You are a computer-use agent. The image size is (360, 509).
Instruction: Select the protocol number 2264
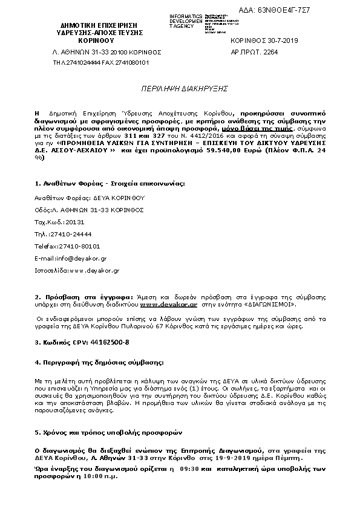pyautogui.click(x=270, y=53)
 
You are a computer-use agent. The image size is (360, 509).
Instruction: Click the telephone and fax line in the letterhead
pyautogui.click(x=101, y=62)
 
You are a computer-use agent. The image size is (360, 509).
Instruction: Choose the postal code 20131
pyautogui.click(x=73, y=222)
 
